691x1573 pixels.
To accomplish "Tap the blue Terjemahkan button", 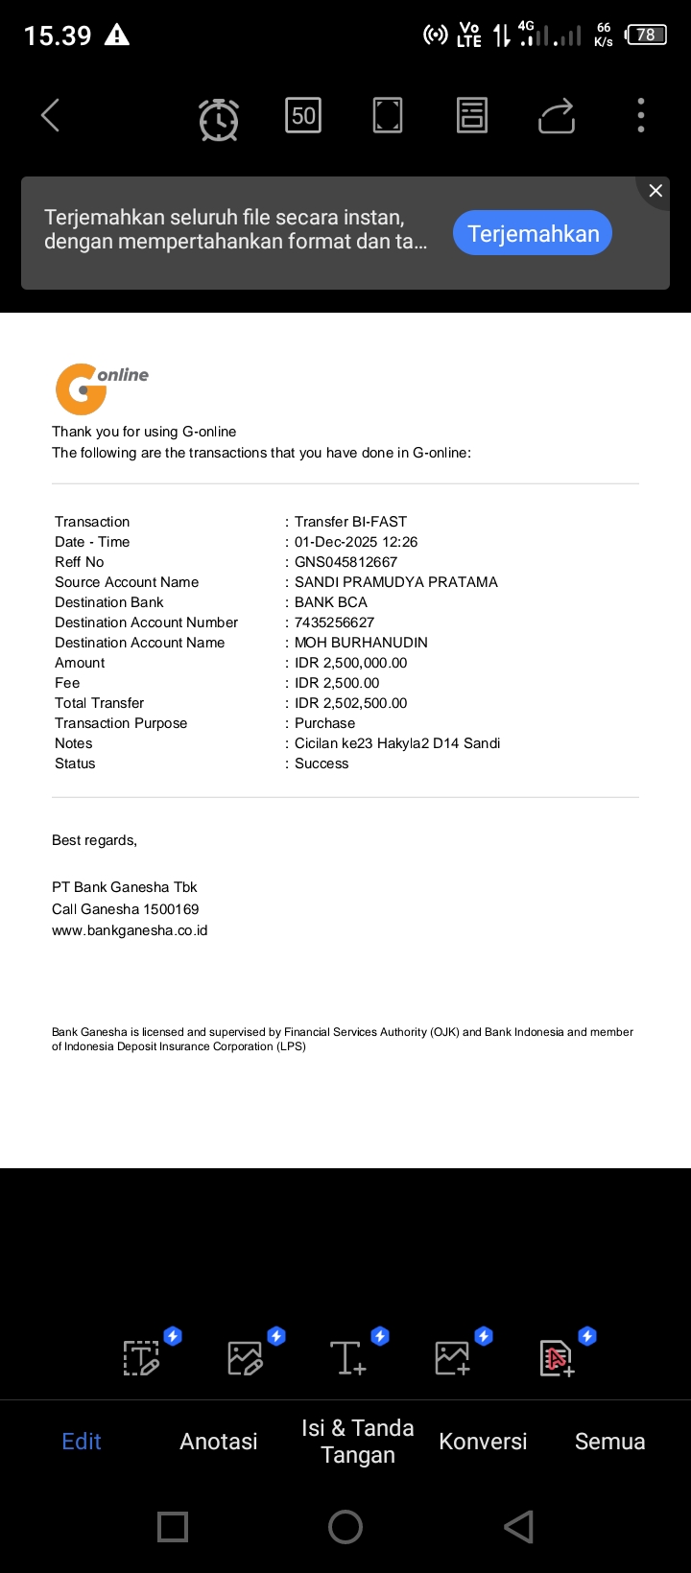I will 533,233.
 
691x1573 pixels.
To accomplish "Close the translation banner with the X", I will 655,191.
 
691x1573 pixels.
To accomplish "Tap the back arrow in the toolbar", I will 51,116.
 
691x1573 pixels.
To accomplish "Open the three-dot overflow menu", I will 641,116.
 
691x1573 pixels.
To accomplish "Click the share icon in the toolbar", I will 557,116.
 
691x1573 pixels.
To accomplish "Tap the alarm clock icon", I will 219,119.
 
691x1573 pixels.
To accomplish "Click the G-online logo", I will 101,387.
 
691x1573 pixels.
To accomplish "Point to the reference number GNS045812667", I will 345,562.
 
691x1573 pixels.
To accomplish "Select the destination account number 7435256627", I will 334,622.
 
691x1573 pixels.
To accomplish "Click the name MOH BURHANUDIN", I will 361,643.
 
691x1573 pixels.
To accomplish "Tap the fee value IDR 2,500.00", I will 337,683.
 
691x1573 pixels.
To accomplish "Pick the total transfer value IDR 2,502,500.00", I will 350,703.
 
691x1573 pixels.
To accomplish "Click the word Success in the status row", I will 322,763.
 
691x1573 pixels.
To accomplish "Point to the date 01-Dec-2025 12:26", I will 356,542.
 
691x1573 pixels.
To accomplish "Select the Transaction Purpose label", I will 121,723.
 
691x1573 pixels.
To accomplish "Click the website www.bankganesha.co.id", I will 130,930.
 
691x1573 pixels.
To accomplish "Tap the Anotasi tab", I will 219,1441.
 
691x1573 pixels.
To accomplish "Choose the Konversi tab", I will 483,1441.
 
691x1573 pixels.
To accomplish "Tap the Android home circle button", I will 345,1527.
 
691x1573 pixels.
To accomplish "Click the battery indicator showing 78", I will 646,35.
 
